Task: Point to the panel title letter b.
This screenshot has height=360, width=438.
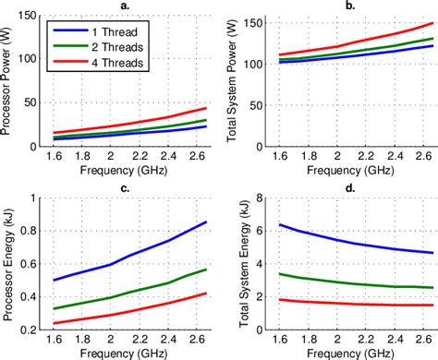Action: coord(350,6)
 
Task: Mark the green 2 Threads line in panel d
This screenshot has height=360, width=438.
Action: coord(351,282)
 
